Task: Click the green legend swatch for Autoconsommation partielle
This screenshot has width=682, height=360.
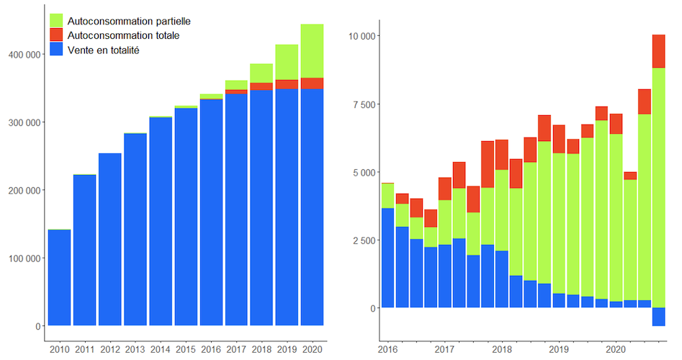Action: [x=57, y=20]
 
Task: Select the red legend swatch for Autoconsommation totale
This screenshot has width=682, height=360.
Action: [x=57, y=35]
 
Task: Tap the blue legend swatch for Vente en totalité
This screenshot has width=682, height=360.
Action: [x=57, y=50]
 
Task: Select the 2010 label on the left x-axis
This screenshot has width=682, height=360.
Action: [x=59, y=350]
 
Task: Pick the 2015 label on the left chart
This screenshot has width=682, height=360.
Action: [x=185, y=350]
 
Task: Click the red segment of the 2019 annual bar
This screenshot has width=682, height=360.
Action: [x=287, y=84]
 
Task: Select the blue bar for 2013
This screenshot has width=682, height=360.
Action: [x=135, y=230]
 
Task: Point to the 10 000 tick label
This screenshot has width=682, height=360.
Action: [x=364, y=36]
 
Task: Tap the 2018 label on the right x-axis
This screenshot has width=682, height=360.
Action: [x=501, y=350]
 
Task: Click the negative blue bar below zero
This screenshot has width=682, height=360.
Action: [x=658, y=317]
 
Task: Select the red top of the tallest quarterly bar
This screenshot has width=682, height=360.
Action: [x=658, y=51]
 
